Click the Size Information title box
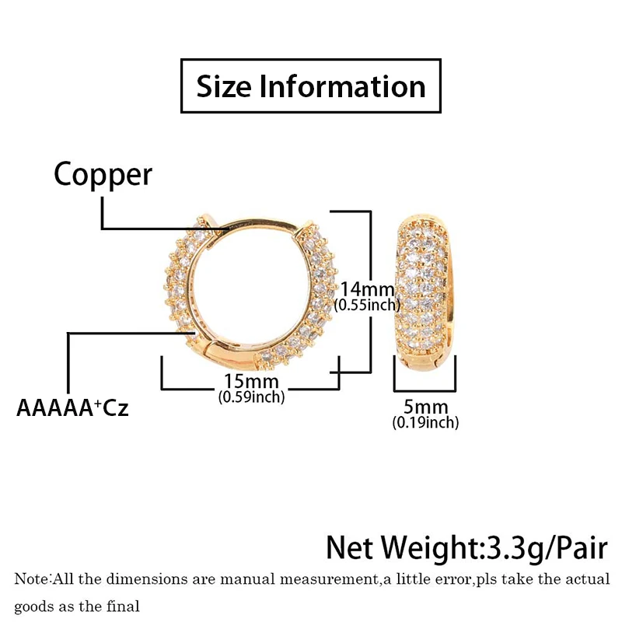pyautogui.click(x=311, y=86)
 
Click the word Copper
pyautogui.click(x=103, y=175)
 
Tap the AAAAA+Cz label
pyautogui.click(x=72, y=407)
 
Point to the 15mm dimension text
pyautogui.click(x=251, y=382)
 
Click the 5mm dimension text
pyautogui.click(x=425, y=407)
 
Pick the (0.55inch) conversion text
pyautogui.click(x=366, y=306)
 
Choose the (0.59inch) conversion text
pyautogui.click(x=250, y=397)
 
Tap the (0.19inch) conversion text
pyautogui.click(x=425, y=423)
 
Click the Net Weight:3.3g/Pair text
pyautogui.click(x=466, y=547)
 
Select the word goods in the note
pyautogui.click(x=33, y=606)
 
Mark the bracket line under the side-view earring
pyautogui.click(x=425, y=388)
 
